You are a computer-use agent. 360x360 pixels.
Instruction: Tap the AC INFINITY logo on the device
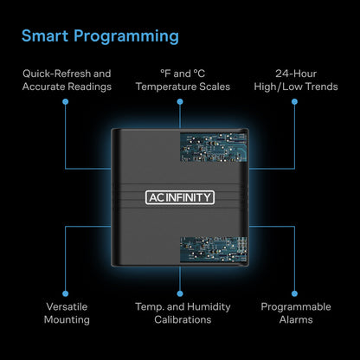[179, 196]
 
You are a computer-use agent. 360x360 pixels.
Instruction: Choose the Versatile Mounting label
[66, 312]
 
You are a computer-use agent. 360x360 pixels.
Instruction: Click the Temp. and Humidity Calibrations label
[180, 312]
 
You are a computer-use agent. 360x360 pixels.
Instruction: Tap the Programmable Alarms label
[294, 312]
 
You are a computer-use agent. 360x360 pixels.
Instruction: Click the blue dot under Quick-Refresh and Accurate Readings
[66, 101]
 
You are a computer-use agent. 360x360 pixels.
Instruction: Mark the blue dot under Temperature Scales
[180, 101]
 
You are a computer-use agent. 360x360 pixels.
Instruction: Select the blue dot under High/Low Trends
[294, 101]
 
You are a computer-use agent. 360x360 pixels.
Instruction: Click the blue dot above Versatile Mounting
[66, 290]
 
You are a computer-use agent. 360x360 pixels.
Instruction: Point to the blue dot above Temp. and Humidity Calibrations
[180, 290]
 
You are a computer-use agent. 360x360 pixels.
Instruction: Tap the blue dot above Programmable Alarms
[294, 290]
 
